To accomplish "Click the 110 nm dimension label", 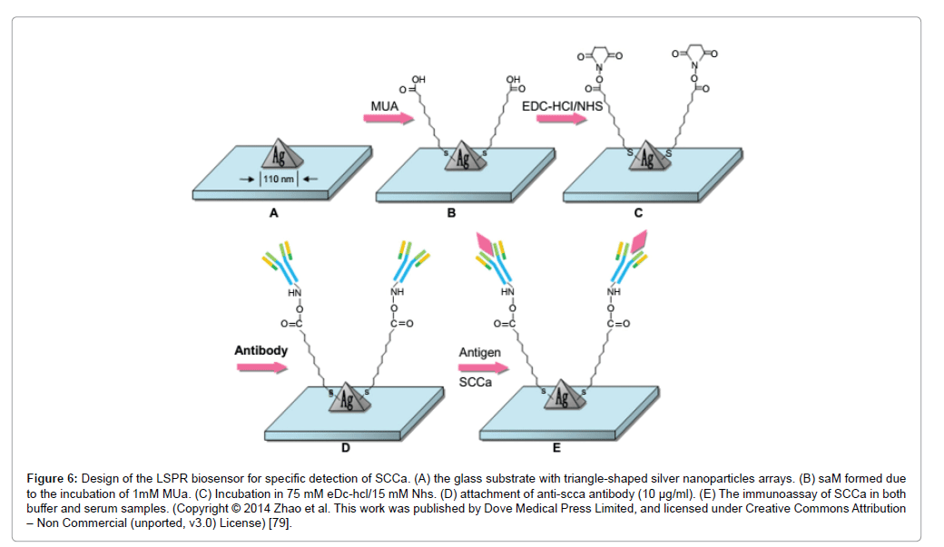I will [x=281, y=178].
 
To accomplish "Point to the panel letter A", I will [x=273, y=214].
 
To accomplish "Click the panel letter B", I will [x=451, y=214].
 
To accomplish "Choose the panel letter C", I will [x=638, y=214].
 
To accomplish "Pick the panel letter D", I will [x=346, y=447].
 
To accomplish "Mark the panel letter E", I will [x=556, y=447].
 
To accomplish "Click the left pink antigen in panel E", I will [x=484, y=244].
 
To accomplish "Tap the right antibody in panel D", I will [x=409, y=262].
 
